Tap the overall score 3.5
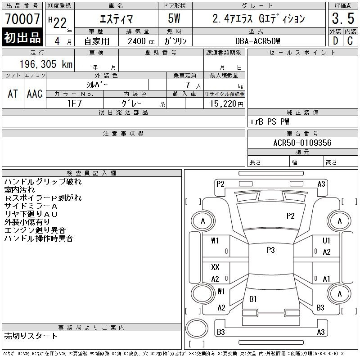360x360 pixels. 342,19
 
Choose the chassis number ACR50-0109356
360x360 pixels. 302,143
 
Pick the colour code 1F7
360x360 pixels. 74,103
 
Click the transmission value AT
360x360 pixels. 13,94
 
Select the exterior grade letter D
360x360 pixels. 334,40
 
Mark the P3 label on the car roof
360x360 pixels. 270,250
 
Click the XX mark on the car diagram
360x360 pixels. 215,267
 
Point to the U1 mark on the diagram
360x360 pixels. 327,241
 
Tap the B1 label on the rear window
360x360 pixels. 253,299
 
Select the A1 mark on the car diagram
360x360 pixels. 327,279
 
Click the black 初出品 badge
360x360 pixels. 22,38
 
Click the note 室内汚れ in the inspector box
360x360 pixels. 19,190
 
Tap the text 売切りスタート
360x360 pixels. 31,336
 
